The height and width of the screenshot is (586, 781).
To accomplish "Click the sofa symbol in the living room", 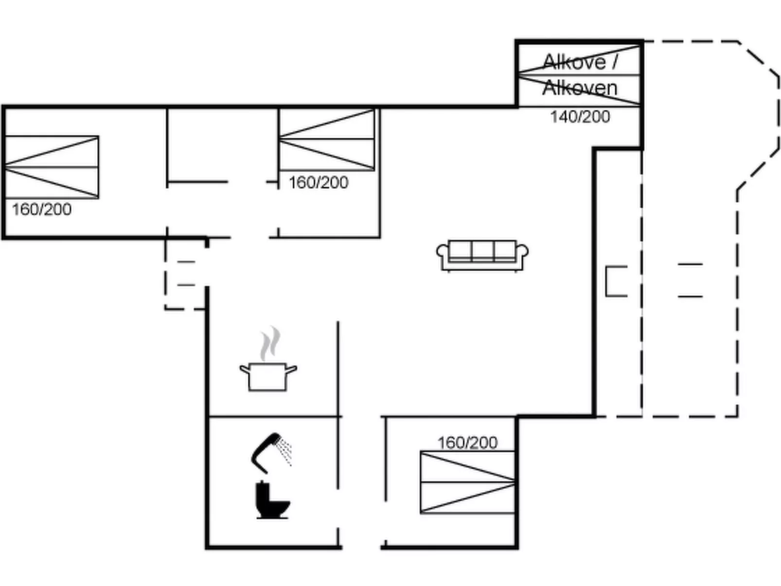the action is [482, 256].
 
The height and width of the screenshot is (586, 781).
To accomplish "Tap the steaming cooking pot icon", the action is [268, 359].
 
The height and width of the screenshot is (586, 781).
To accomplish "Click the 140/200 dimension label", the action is [580, 117].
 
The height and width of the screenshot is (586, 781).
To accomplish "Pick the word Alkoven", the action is [580, 88].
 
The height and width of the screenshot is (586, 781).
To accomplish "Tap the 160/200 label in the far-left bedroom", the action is [42, 209].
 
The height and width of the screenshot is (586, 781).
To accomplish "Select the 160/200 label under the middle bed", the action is [319, 182].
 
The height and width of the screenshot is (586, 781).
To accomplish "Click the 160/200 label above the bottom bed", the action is [467, 443].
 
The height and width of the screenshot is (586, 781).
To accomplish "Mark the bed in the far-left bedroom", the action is [52, 167].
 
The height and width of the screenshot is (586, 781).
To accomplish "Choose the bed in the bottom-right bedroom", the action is [467, 482].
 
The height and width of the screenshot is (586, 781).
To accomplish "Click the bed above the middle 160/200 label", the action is [327, 140].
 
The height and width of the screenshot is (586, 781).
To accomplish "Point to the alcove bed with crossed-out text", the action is [579, 75].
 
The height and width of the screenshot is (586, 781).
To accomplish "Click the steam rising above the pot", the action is [270, 343].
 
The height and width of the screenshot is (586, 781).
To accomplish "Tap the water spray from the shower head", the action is [285, 452].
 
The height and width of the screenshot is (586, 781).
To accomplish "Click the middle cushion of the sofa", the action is [482, 251].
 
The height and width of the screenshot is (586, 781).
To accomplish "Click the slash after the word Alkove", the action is [614, 62].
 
